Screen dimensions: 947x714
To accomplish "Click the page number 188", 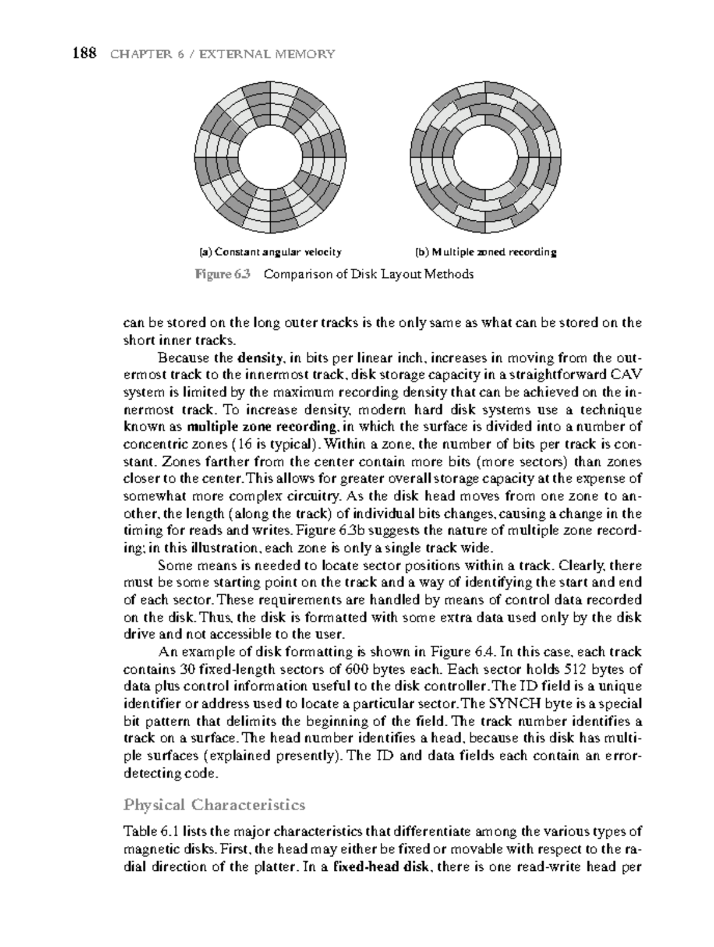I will click(x=84, y=54).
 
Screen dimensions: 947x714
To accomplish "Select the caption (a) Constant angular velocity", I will click(x=270, y=252).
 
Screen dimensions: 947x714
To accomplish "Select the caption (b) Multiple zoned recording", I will click(x=486, y=252).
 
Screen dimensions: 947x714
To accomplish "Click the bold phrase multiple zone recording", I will click(x=261, y=427).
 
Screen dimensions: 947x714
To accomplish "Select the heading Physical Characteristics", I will click(x=214, y=805).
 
